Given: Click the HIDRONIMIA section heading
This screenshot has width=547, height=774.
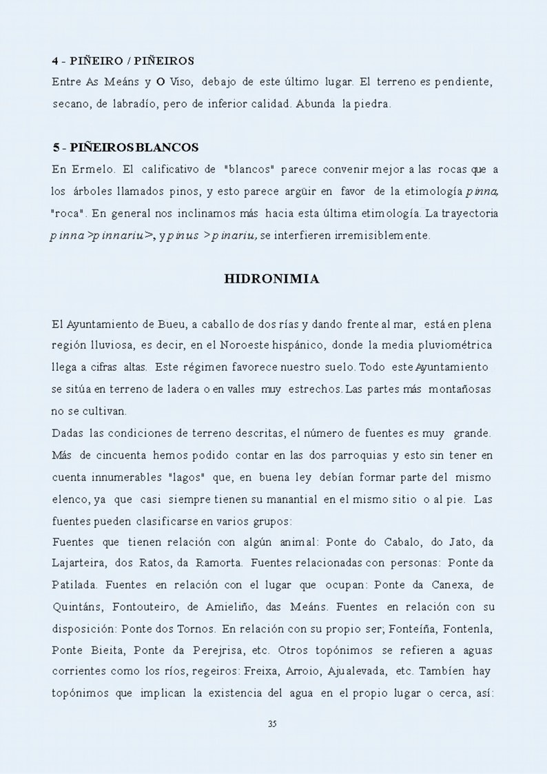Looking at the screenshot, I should (x=271, y=279).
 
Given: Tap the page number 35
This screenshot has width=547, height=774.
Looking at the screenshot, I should (x=271, y=724).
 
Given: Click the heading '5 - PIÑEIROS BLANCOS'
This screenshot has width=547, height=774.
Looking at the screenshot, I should (x=126, y=147).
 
